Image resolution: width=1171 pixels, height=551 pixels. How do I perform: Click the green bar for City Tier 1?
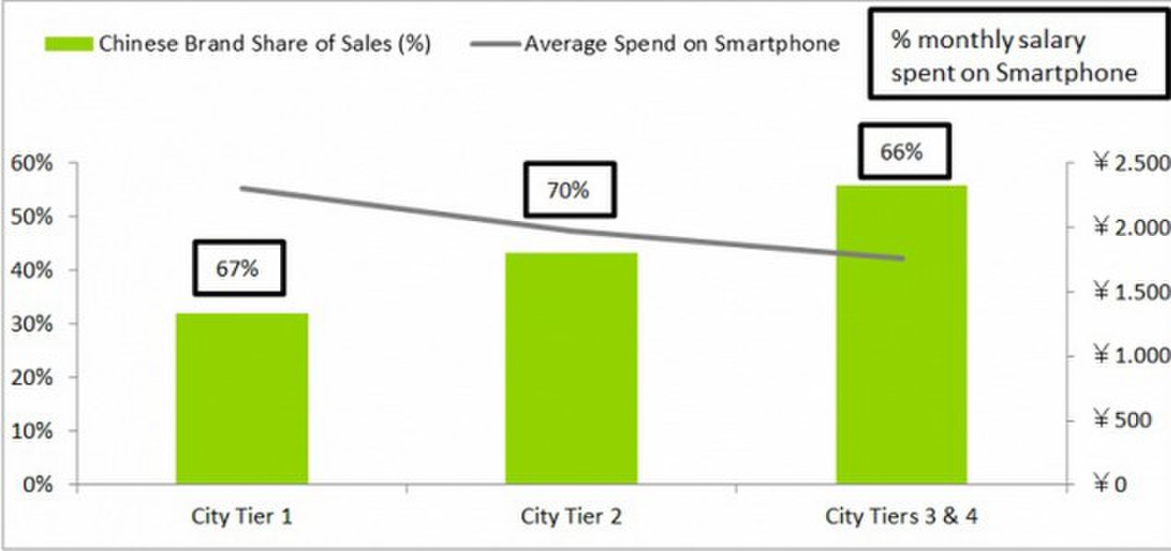(x=242, y=398)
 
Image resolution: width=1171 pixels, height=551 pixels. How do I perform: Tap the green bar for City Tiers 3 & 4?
(x=901, y=334)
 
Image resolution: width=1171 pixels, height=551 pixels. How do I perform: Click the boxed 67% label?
(x=239, y=268)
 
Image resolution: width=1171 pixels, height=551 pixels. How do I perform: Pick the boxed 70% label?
(x=569, y=191)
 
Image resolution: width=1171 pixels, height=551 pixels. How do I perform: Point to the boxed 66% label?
(x=903, y=151)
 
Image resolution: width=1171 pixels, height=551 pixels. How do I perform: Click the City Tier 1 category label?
(x=242, y=516)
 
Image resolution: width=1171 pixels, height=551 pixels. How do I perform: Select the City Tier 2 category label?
(x=572, y=516)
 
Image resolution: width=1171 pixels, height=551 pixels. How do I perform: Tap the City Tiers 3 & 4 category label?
(x=901, y=516)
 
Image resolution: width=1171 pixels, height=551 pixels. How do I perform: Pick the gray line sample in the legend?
(x=498, y=44)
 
